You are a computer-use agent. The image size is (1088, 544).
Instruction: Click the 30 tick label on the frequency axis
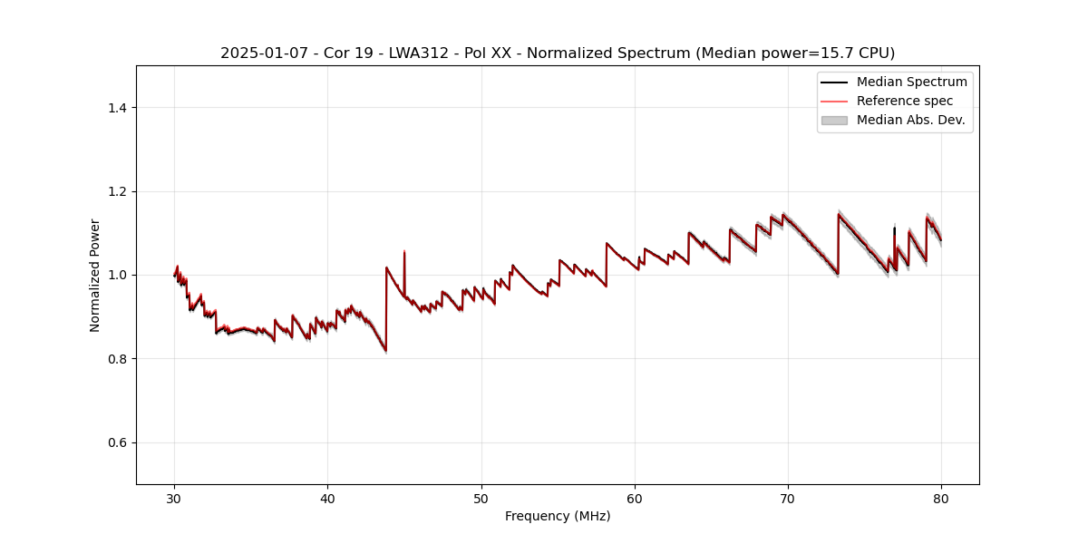click(x=174, y=498)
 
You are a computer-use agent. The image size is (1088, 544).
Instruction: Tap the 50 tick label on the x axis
click(x=481, y=498)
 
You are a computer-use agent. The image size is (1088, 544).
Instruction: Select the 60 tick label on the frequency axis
click(x=635, y=498)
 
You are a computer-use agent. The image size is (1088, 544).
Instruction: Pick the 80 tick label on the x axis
click(x=941, y=498)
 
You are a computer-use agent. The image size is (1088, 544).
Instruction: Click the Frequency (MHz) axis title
click(x=558, y=516)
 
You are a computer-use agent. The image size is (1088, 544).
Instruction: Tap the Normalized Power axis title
click(x=95, y=275)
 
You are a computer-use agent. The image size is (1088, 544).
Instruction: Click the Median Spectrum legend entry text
click(x=911, y=82)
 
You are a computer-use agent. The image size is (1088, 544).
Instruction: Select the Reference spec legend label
click(x=904, y=101)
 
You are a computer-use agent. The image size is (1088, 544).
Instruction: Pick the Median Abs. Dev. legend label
click(x=910, y=120)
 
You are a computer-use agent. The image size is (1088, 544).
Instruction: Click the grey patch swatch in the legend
click(x=834, y=120)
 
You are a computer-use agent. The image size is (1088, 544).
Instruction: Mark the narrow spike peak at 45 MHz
click(x=404, y=251)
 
